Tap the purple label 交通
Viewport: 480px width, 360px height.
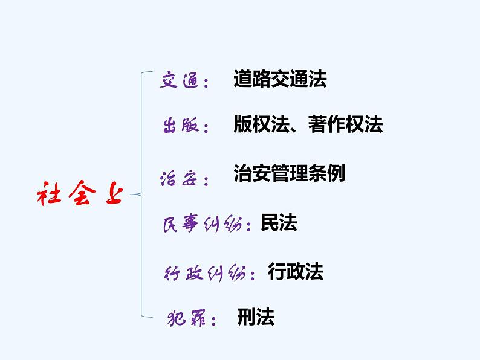[179, 80]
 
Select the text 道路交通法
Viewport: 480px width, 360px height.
[280, 80]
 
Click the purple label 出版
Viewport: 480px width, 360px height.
[180, 126]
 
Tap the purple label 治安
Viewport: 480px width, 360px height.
[179, 178]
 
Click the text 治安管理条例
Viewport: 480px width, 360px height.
[289, 174]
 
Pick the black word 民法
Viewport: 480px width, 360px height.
[279, 223]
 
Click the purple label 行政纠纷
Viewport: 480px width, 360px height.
[206, 273]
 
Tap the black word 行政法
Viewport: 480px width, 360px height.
[296, 272]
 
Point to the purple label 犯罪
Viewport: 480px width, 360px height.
[186, 319]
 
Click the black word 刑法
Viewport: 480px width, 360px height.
[256, 318]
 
